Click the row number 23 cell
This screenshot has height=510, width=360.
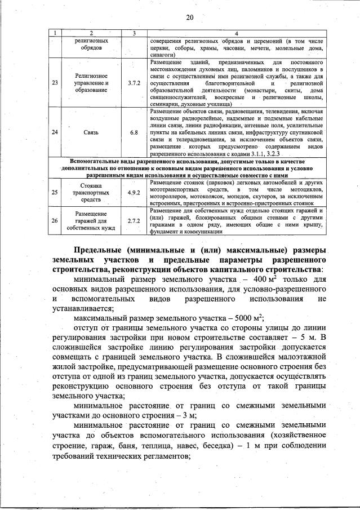[x=55, y=83]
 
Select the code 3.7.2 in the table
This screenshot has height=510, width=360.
[x=134, y=83]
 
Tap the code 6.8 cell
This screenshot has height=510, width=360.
[x=134, y=132]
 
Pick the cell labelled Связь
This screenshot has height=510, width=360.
[x=90, y=132]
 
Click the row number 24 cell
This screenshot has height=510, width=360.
[x=55, y=132]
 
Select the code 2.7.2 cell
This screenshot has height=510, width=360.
[x=134, y=220]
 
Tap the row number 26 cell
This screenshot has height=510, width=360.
[x=55, y=220]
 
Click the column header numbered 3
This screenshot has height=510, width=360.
[x=134, y=34]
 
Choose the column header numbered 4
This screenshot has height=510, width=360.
[x=236, y=34]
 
